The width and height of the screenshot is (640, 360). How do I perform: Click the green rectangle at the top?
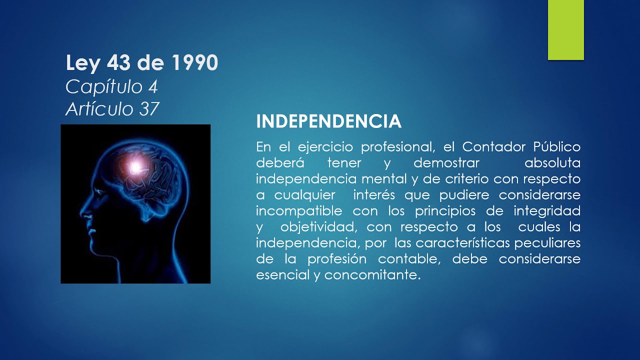[565, 30]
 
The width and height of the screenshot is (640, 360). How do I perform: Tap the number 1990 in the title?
[194, 63]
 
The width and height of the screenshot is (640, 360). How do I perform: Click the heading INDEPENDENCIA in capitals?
[328, 121]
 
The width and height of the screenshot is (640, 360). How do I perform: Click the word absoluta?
[552, 163]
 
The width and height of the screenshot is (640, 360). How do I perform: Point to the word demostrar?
[446, 163]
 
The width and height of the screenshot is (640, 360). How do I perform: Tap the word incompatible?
[299, 210]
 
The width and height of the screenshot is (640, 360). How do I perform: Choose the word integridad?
[549, 210]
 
